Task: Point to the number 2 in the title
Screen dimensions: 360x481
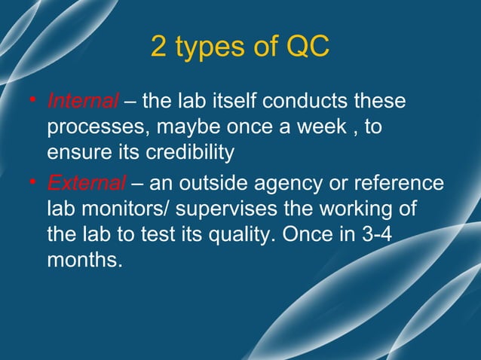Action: click(159, 47)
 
